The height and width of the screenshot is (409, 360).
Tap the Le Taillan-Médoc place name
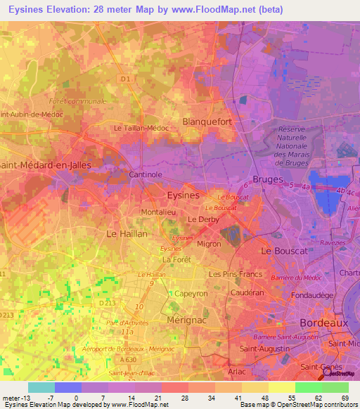click(x=141, y=129)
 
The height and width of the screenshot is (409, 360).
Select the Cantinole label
click(x=146, y=174)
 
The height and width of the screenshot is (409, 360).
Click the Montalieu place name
click(x=158, y=212)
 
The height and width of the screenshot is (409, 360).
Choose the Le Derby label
click(x=202, y=220)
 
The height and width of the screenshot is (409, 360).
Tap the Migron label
click(x=209, y=244)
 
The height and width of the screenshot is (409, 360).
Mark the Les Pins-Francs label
click(x=236, y=274)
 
